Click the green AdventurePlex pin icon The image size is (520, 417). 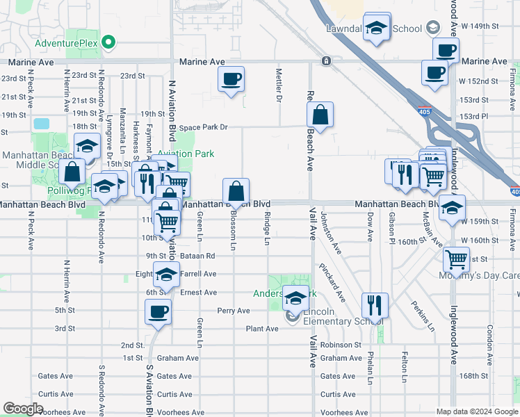coord(108,43)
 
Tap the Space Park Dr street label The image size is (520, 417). coord(204,127)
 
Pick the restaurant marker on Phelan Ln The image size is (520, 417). coord(374,304)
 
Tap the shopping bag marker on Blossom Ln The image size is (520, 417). coord(236,190)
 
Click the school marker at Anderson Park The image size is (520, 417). coord(295,299)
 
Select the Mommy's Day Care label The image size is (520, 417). coord(479,275)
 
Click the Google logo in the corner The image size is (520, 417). coord(23,409)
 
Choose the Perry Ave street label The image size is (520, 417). coord(234,311)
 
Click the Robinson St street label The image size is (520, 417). coord(341,344)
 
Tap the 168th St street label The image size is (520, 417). coord(474,376)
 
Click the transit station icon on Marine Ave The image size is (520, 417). coord(325,62)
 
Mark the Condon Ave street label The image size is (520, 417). coord(489,337)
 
